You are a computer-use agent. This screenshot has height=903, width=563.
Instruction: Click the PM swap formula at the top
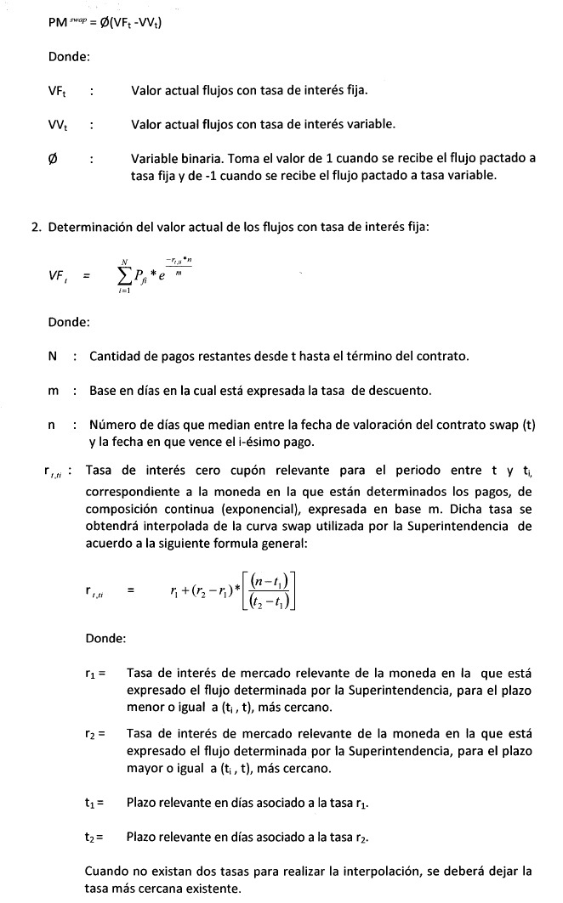pos(105,22)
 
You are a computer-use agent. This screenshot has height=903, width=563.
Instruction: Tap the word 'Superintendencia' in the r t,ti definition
pos(458,527)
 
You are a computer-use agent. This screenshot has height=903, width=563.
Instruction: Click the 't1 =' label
pos(94,802)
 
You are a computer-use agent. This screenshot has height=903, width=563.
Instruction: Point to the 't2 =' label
pos(94,836)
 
